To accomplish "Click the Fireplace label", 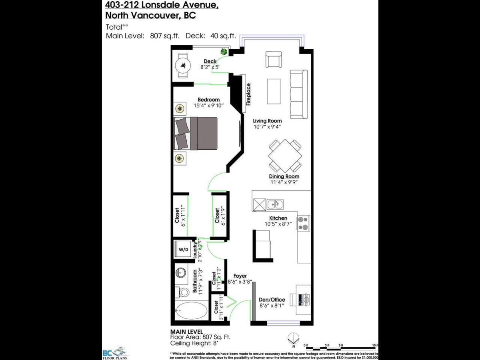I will click(x=248, y=94).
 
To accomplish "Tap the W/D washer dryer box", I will click(x=183, y=250).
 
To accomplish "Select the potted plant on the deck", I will click(x=223, y=51).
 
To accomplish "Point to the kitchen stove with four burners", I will click(x=303, y=223).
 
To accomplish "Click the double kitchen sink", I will click(x=275, y=204).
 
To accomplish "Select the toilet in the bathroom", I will click(x=183, y=292).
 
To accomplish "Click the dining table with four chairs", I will click(x=285, y=156).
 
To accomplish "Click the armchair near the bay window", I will click(x=274, y=60).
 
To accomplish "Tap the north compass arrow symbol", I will click(x=293, y=338).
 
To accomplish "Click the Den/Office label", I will click(x=272, y=300).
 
